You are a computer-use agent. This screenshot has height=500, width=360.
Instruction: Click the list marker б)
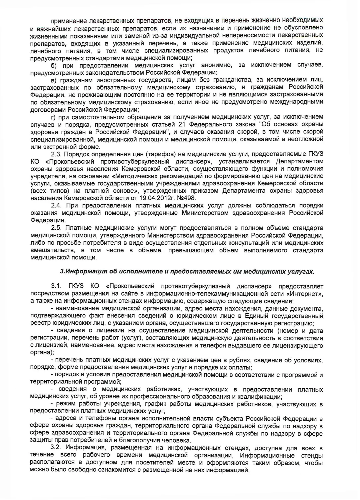54,65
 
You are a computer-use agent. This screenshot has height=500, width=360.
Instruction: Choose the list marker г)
53,117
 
